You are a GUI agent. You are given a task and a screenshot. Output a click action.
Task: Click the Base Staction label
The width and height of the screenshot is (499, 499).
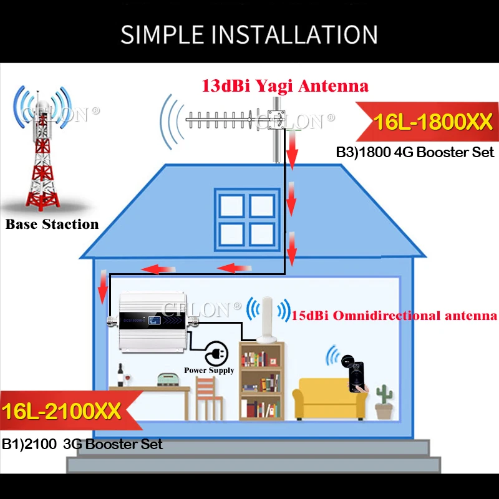52,224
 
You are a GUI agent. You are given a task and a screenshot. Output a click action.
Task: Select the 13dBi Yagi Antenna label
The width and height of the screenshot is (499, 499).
284,86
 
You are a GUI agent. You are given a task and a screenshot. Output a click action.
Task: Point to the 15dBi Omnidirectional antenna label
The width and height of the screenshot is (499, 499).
394,316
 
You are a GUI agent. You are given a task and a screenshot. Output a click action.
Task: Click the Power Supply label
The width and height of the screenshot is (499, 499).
209,371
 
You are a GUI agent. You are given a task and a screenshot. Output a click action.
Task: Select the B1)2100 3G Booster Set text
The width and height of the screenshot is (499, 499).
82,444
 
